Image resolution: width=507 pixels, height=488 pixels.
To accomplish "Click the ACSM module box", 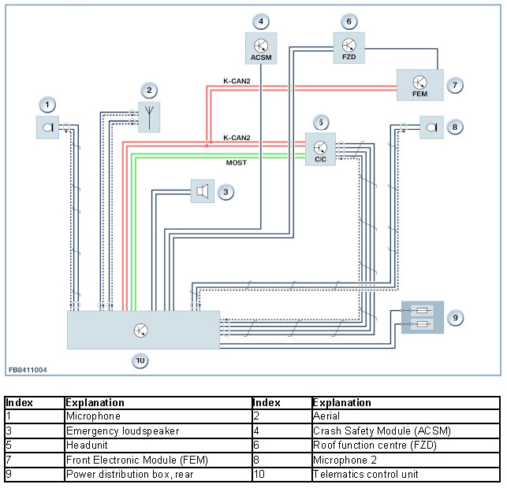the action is click(x=261, y=49).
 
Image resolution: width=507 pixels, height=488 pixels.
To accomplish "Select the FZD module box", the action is click(x=349, y=48).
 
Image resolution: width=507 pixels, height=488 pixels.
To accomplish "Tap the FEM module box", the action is click(x=420, y=85).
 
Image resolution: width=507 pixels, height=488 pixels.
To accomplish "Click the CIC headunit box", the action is click(x=320, y=150).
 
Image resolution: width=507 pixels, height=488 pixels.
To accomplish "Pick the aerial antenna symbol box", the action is click(x=149, y=117).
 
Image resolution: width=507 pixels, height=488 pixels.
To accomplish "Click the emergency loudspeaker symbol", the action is click(x=203, y=191).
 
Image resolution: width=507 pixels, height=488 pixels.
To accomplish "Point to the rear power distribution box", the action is click(x=423, y=317).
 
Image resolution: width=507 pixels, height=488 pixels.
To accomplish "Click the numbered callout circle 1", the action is click(x=47, y=105).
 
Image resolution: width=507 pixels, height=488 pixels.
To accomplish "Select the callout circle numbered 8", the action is click(x=455, y=128).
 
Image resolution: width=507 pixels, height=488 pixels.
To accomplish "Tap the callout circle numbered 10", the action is click(x=140, y=360).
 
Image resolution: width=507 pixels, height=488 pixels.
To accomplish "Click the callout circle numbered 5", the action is click(x=321, y=123).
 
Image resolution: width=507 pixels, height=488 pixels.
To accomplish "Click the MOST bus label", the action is click(x=237, y=163).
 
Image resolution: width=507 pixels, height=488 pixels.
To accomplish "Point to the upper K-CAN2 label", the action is click(x=237, y=81).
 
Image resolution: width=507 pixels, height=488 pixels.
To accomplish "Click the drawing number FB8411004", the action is click(x=28, y=370).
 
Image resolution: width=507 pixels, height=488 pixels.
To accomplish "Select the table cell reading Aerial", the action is click(x=406, y=416).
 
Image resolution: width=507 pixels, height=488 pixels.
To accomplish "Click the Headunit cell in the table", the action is click(x=158, y=445).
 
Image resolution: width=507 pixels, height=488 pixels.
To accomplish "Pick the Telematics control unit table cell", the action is click(x=406, y=474).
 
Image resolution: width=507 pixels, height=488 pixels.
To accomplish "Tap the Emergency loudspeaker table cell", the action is click(x=158, y=431).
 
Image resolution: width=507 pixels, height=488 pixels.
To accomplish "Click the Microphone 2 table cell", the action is click(x=406, y=460).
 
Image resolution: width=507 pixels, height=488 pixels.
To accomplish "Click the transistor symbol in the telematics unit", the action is click(x=141, y=330).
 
